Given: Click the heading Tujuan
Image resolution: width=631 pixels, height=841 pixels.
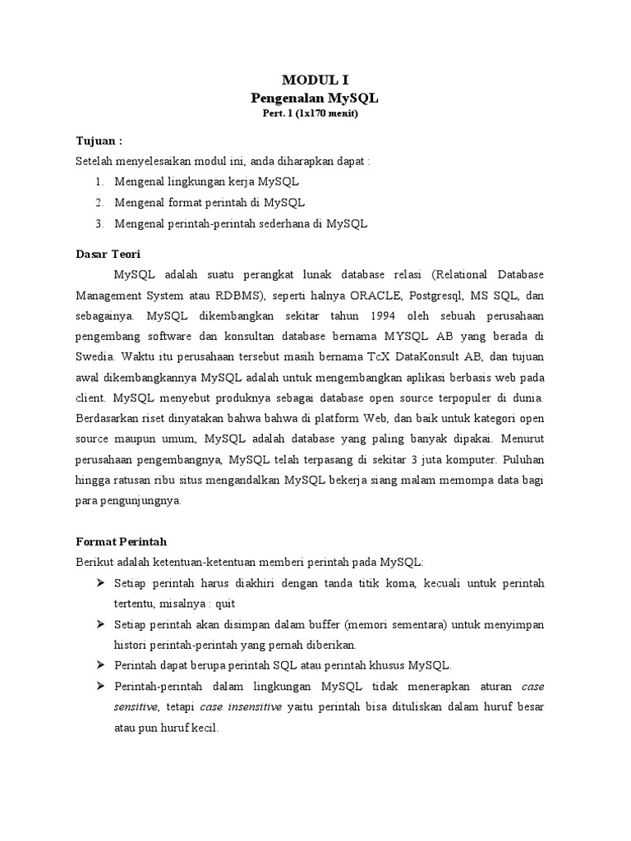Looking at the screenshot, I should click(99, 140).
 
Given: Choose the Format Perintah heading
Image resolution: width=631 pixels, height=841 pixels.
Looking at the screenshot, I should click(121, 541).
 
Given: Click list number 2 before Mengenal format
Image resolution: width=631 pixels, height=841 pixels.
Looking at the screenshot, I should click(99, 202).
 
